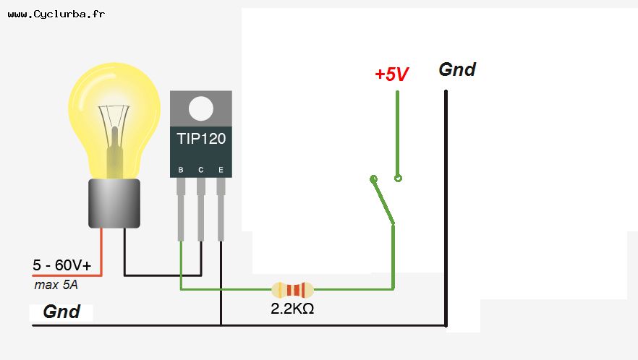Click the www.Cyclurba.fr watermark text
(x=56, y=14)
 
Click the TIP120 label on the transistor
(x=201, y=137)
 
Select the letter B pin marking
(x=181, y=170)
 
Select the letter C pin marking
(x=200, y=170)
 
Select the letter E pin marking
(x=221, y=170)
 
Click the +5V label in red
(x=391, y=74)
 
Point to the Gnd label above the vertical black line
(x=457, y=69)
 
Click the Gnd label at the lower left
(x=61, y=312)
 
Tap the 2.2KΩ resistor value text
(x=292, y=308)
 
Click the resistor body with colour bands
(x=292, y=290)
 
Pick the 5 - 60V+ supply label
(x=62, y=265)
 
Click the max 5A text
(x=56, y=285)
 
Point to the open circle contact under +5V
(x=398, y=178)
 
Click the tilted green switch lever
(x=383, y=200)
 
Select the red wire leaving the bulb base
(x=101, y=253)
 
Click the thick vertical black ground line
(x=446, y=210)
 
